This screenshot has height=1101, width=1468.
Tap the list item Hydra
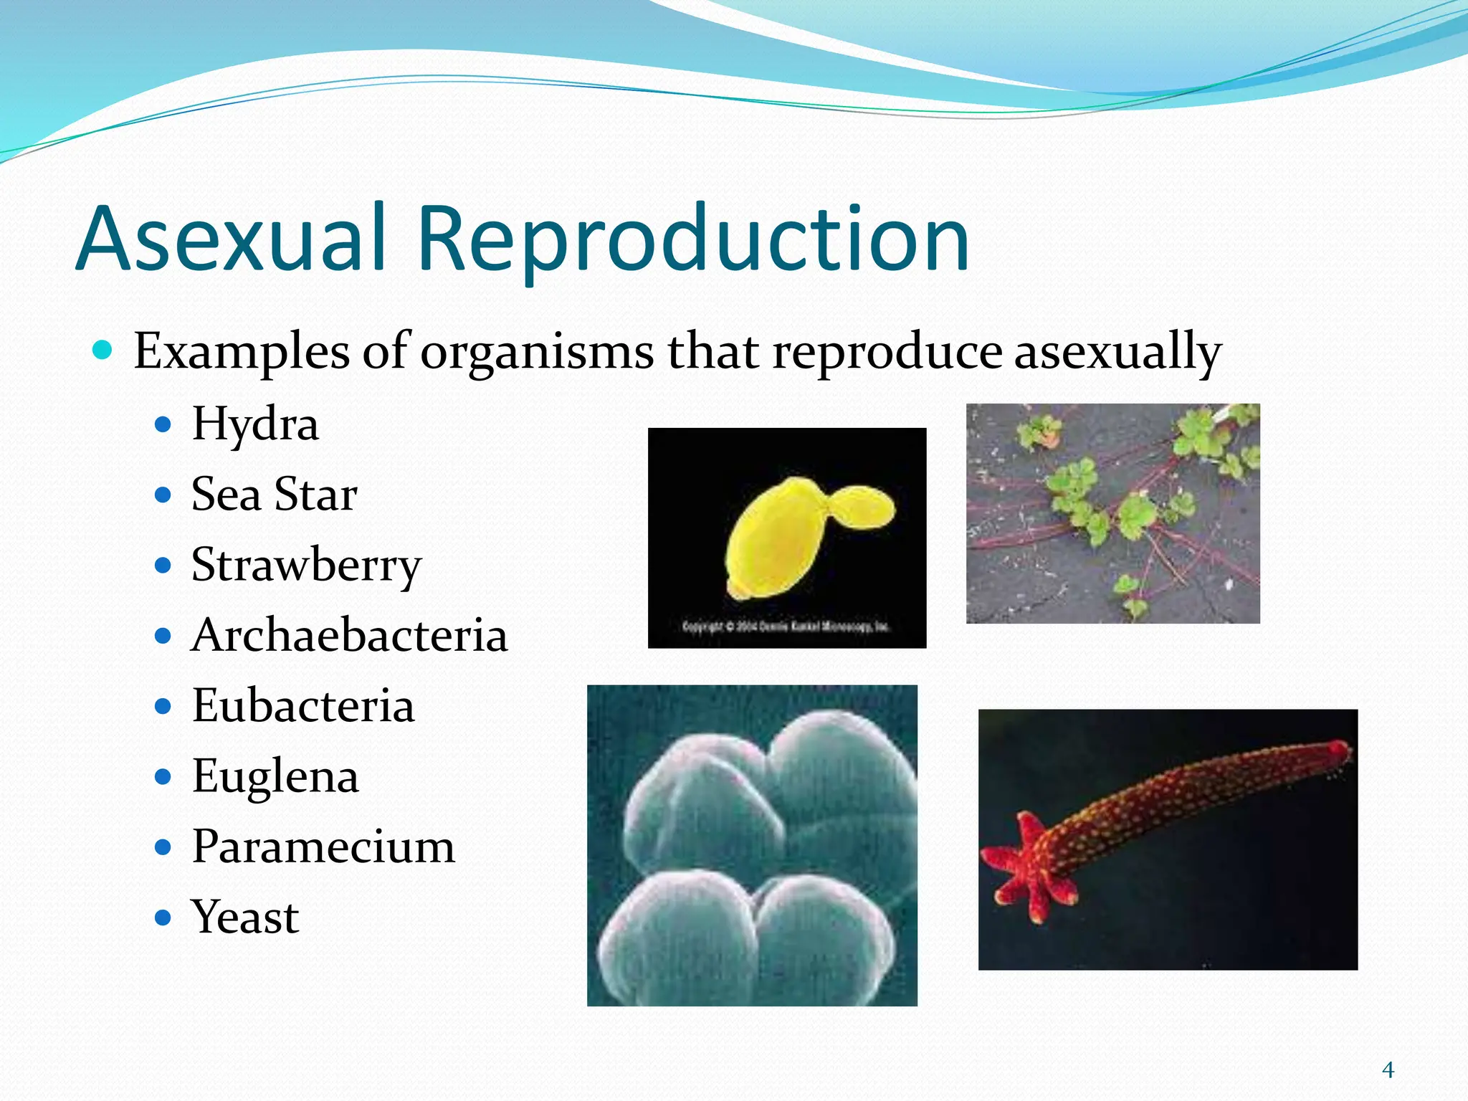click(254, 424)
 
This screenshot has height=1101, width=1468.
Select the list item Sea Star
click(274, 495)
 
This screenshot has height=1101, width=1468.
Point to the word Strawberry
click(306, 566)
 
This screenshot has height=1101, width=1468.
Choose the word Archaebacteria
click(349, 636)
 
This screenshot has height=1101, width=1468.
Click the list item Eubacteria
click(302, 706)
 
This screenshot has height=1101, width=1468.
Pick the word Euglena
click(275, 776)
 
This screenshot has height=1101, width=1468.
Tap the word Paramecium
click(323, 847)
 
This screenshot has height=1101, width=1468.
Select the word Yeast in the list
click(244, 917)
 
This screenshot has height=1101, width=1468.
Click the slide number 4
click(1388, 1070)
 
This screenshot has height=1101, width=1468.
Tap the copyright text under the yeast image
click(786, 626)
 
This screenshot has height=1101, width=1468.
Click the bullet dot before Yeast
click(163, 917)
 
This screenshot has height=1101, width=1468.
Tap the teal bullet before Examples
click(103, 351)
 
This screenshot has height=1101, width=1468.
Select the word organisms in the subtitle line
click(536, 352)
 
